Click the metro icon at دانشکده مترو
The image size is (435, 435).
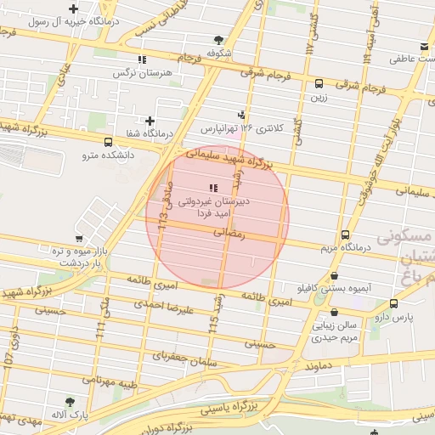pos(108,142)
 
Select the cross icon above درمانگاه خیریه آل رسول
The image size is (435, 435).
pos(74,8)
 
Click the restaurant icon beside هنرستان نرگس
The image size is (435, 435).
pos(141,59)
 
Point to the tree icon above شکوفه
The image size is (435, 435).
pos(219,39)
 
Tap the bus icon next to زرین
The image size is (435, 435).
pos(319,83)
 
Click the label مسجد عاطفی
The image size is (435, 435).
pos(408,59)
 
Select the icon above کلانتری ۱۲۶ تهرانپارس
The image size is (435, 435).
pos(243,115)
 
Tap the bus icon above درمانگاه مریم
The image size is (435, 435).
pos(345,234)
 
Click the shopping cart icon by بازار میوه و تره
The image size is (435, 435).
pos(79,240)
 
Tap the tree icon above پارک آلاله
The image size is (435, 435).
pos(70,401)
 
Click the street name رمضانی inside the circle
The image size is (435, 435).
pos(229,231)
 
